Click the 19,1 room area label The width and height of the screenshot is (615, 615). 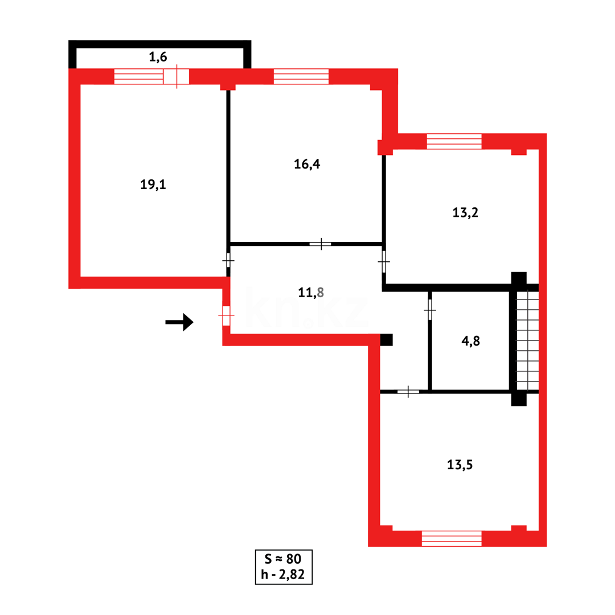point(153,184)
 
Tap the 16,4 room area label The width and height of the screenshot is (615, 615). point(306,164)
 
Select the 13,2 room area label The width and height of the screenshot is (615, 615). point(465,213)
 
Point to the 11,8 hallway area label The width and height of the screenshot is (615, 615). point(311,293)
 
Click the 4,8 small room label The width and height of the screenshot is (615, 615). point(470,342)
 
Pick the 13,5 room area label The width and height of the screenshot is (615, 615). point(460,465)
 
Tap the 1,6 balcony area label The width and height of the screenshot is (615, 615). point(158,56)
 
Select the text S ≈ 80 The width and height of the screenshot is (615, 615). point(283,559)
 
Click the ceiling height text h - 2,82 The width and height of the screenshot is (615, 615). point(283,575)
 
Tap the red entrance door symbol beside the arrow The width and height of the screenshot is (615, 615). point(226,315)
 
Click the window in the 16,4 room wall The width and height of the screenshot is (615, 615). point(301,76)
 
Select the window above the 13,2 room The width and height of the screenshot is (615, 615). point(454,141)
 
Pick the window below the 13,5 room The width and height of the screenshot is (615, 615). point(452,538)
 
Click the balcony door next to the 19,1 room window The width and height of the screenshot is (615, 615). point(176,76)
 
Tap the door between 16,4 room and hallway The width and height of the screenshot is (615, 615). point(321,244)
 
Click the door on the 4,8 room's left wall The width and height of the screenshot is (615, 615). point(430,310)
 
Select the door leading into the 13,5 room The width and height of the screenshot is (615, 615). point(408,392)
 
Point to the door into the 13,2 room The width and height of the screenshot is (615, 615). point(384,262)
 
